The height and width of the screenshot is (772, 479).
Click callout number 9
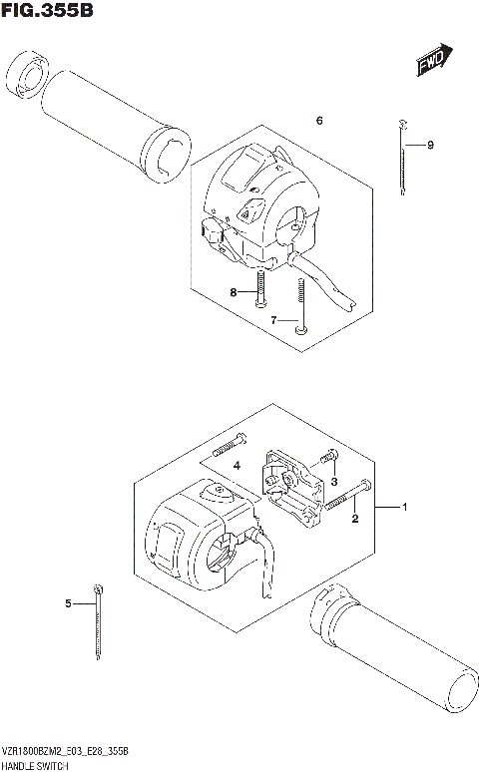click(430, 146)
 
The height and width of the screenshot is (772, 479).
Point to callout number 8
click(234, 292)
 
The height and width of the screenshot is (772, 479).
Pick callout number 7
click(273, 320)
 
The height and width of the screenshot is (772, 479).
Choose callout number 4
click(237, 466)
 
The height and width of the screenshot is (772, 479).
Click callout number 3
click(335, 482)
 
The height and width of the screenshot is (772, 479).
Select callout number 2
click(354, 520)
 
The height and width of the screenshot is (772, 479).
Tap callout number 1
click(405, 508)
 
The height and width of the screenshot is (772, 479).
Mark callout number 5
click(68, 603)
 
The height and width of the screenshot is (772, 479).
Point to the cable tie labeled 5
click(99, 623)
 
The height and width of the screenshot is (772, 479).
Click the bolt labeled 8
click(258, 289)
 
